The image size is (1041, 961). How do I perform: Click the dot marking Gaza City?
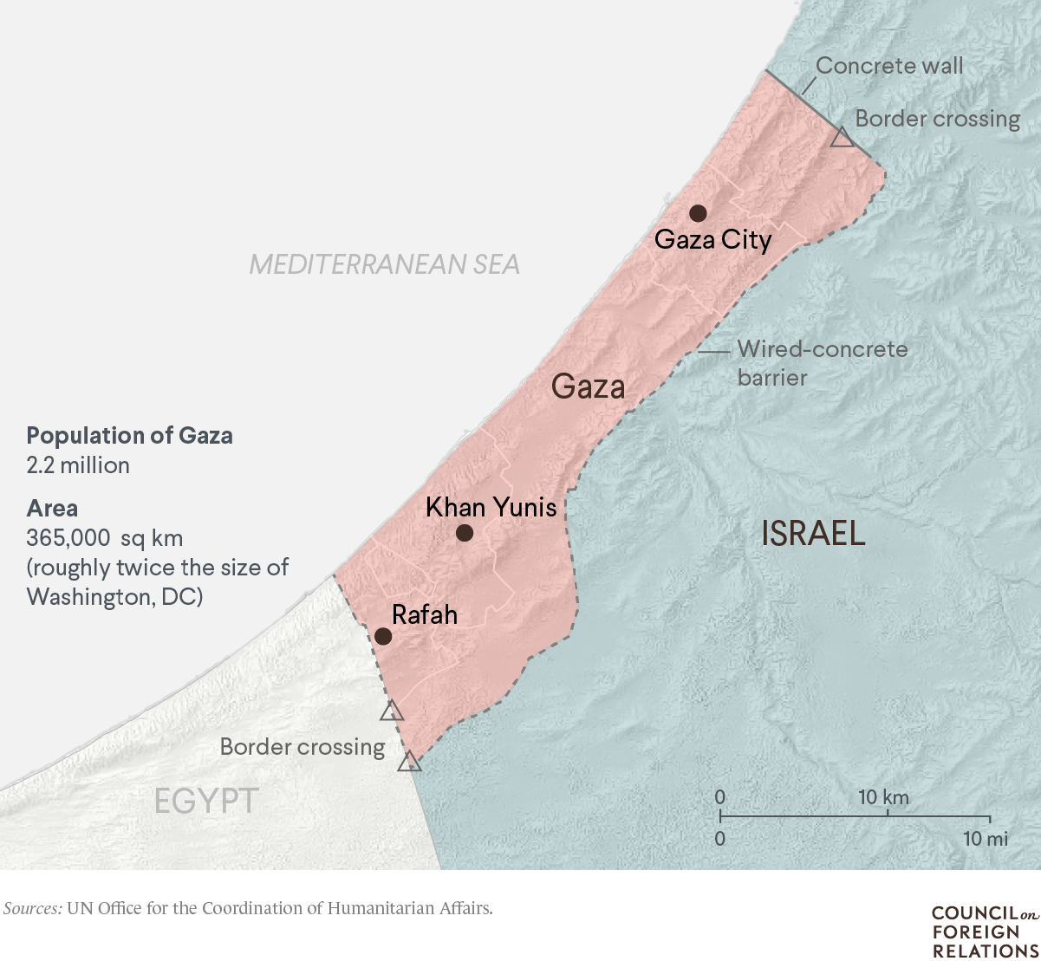point(698,213)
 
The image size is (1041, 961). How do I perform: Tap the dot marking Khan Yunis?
point(465,532)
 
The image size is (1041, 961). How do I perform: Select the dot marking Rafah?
point(383,636)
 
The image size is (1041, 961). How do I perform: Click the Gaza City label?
point(712,240)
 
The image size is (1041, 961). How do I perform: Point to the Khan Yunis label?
point(491,507)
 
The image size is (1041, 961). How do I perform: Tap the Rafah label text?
point(424,615)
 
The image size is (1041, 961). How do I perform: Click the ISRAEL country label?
point(813,534)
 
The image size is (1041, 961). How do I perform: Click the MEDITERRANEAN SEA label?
point(384,264)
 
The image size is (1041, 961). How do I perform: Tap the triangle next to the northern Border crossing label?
point(842,138)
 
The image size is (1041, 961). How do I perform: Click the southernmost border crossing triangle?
point(409,763)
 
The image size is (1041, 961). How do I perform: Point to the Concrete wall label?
point(889,66)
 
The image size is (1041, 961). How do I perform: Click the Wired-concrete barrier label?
point(822,363)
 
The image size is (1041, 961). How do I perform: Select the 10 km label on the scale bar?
point(883,797)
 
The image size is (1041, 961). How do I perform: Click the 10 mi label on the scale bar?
point(986,839)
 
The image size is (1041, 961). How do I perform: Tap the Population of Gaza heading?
point(129,435)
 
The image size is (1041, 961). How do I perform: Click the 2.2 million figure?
point(78,465)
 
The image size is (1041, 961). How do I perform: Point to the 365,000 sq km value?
point(104,538)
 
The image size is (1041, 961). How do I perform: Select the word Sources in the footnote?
point(32,908)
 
